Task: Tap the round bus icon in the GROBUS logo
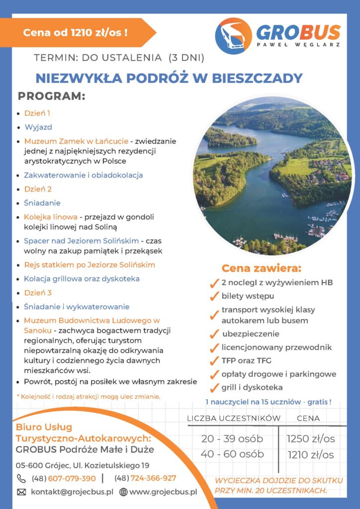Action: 233,36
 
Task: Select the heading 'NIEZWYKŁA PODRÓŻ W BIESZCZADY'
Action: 169,78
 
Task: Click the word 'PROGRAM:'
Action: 52,95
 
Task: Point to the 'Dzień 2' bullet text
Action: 38,189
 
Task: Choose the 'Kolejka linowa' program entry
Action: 51,217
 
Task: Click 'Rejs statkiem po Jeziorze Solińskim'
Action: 90,264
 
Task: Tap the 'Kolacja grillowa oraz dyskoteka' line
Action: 82,278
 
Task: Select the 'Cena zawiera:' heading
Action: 262,269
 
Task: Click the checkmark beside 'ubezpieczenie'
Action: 214,334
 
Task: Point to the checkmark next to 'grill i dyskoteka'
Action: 214,388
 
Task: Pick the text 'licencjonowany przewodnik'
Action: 276,347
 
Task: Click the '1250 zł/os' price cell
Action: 310,439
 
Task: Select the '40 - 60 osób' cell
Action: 232,454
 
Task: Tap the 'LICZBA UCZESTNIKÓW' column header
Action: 234,418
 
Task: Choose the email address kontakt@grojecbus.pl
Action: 72,492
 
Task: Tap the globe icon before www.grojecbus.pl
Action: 123,492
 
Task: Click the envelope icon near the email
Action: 21,492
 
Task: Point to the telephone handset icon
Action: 21,478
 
